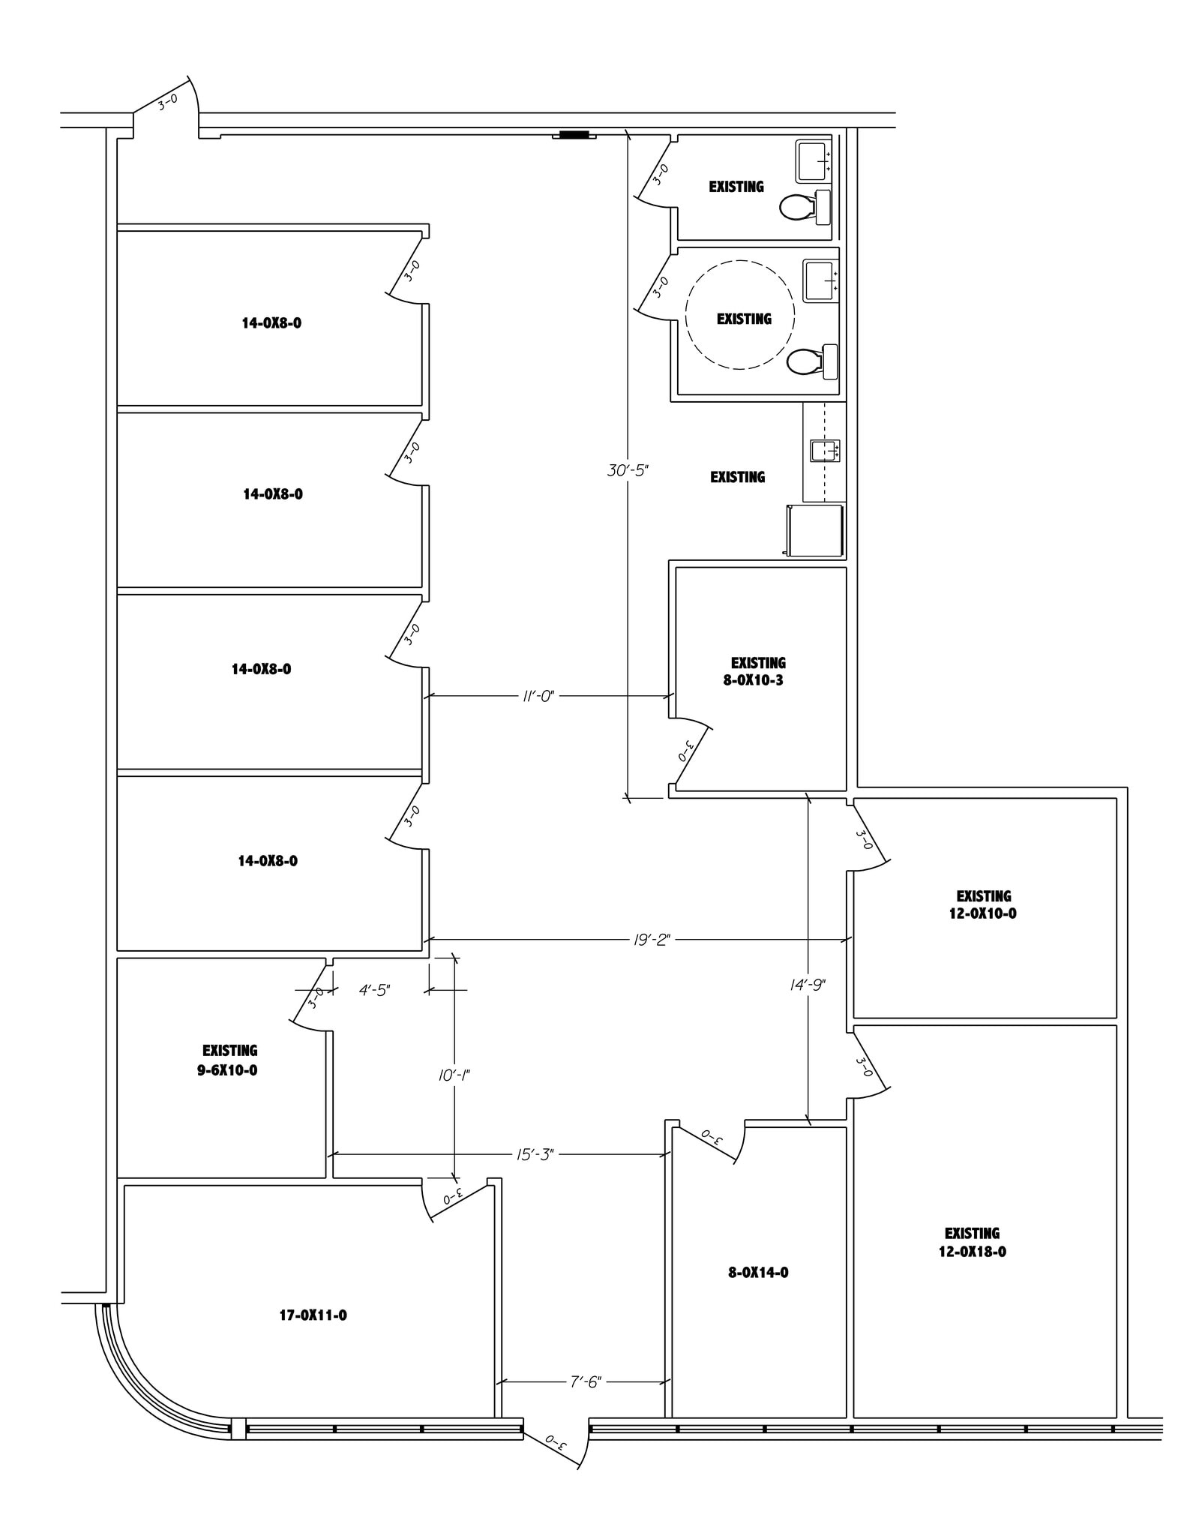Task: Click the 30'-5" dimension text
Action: coord(627,471)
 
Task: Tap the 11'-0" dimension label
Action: coord(538,696)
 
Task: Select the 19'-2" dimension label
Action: coord(651,939)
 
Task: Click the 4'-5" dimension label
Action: coord(374,990)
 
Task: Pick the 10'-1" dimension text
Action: coord(454,1075)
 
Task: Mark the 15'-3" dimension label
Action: coord(534,1154)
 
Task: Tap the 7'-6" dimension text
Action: coord(585,1381)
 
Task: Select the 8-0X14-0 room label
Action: coord(757,1272)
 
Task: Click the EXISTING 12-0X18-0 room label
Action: coord(972,1242)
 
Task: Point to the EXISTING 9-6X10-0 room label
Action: coord(229,1060)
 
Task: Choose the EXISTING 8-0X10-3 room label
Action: coord(757,672)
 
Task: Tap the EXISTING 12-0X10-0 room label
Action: coord(983,904)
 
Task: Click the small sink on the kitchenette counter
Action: coord(824,451)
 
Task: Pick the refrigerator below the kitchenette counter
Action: coord(815,530)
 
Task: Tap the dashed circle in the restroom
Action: coord(739,314)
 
